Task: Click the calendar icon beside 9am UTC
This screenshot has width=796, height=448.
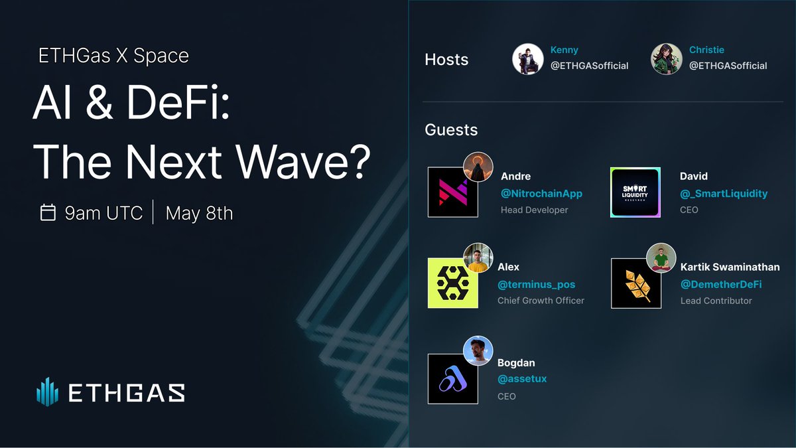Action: (48, 213)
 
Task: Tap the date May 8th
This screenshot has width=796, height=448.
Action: (199, 213)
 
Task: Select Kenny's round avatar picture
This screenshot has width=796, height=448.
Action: (528, 59)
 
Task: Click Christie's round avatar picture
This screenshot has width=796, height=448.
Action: (667, 59)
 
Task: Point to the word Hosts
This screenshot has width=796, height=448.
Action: (446, 60)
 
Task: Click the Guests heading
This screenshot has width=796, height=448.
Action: (451, 129)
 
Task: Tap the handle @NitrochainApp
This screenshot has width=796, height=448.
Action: (541, 194)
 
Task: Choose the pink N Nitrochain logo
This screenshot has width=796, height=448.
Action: (453, 192)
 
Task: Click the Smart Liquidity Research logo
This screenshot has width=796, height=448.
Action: (635, 192)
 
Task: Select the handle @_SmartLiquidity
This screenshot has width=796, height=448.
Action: (724, 194)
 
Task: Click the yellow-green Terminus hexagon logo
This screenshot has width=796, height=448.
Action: (453, 283)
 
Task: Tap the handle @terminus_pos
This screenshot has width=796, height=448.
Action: (537, 284)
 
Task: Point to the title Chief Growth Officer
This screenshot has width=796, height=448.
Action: (541, 301)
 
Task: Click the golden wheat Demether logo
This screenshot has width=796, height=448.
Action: (635, 283)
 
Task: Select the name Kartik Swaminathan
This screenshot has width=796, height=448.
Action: (730, 267)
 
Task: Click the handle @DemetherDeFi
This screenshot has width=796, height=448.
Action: (721, 284)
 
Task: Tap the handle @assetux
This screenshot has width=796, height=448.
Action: (522, 379)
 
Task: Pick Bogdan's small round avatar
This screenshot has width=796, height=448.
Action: (478, 351)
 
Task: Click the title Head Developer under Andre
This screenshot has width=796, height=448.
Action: (534, 210)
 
